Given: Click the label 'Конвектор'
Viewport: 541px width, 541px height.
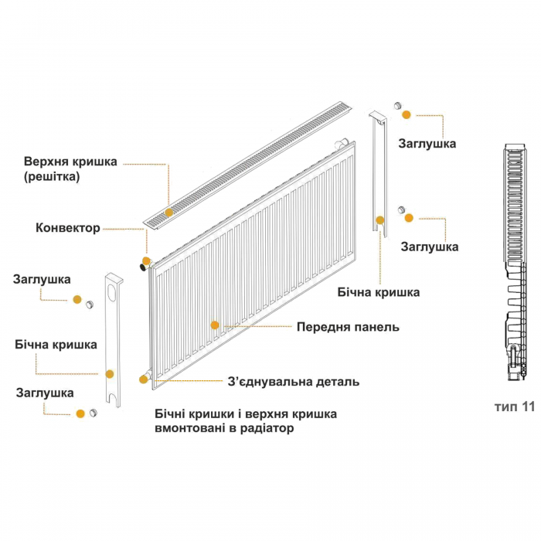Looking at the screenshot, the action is tap(68, 228).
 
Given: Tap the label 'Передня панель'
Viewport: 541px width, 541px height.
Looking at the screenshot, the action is tap(348, 327).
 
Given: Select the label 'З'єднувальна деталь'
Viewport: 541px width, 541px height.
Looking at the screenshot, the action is tap(293, 382).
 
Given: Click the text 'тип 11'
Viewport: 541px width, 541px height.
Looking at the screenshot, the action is tap(515, 407).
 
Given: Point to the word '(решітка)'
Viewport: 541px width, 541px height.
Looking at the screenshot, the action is tap(52, 177).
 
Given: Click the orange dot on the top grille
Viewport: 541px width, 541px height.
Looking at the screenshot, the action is tap(168, 213).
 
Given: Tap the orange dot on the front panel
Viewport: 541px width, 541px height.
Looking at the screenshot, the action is tap(215, 325).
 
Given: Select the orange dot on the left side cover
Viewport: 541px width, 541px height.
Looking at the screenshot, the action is tap(110, 374).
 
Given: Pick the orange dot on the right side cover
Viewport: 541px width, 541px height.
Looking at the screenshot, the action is tap(380, 220).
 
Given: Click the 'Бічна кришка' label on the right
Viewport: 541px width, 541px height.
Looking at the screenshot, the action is tap(379, 293).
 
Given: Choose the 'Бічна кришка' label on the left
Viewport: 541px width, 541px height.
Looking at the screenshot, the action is tap(56, 345).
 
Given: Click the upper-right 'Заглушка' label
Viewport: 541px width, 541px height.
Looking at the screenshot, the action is tap(427, 144).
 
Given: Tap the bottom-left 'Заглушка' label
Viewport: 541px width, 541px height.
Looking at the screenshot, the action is tap(45, 393).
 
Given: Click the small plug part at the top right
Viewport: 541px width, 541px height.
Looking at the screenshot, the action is tap(398, 106).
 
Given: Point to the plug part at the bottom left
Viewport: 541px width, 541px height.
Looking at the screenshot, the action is tap(94, 413).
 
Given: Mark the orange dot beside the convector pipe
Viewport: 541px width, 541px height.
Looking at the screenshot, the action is tap(147, 261).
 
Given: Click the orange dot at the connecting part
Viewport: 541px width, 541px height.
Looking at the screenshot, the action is tap(144, 379).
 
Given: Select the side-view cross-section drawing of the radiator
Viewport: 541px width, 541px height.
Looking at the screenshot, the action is tap(515, 262).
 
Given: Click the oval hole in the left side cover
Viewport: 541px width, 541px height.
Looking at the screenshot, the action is tap(113, 291).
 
